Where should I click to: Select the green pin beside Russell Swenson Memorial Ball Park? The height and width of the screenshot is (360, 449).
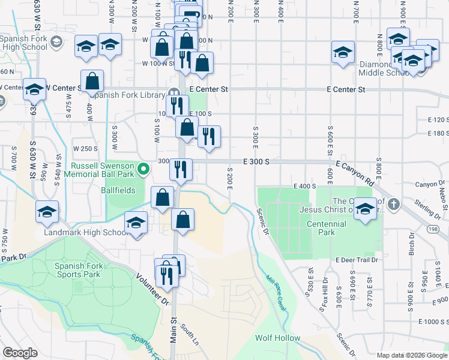click(x=143, y=170)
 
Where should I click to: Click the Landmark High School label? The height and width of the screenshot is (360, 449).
click(x=82, y=232)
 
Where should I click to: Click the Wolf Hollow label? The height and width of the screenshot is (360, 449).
click(x=277, y=338)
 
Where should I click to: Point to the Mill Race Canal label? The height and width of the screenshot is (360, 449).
click(x=276, y=293)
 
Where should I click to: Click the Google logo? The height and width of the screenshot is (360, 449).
click(x=20, y=353)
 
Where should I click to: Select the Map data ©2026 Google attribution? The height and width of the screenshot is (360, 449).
click(x=412, y=355)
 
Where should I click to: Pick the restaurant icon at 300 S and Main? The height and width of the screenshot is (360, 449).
click(x=180, y=169)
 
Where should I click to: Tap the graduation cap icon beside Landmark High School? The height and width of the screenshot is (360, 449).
click(x=136, y=223)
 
